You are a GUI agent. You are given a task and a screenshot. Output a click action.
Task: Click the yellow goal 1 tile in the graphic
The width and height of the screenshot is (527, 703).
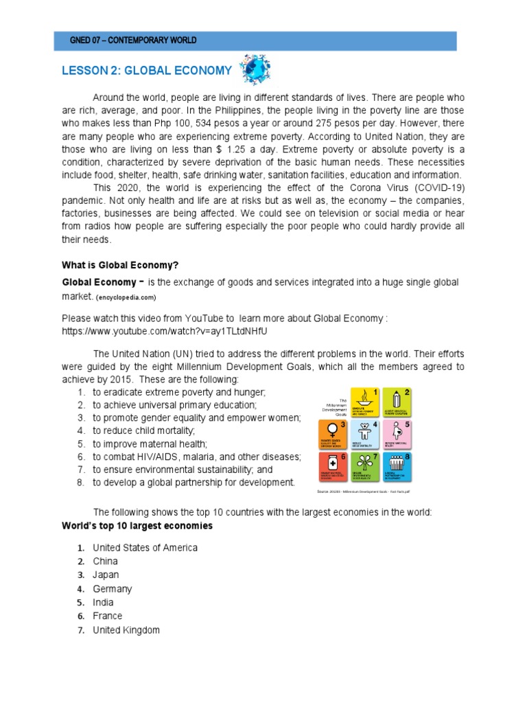[366, 403]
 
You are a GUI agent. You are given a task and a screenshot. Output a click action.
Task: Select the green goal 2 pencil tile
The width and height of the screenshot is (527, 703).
[397, 403]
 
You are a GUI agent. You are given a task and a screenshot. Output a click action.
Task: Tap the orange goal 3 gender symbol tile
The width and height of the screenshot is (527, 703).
[333, 435]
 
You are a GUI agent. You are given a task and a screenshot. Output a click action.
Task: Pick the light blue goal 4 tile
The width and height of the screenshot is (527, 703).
[366, 435]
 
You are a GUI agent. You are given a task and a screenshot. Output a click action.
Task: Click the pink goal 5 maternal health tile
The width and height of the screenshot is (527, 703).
[397, 435]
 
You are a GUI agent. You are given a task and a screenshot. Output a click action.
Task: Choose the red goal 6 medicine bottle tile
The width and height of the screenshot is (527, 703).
[333, 468]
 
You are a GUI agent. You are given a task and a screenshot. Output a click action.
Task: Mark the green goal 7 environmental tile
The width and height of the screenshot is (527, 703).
[366, 468]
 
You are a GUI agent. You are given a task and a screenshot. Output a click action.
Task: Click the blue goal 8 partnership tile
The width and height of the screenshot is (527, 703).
[397, 468]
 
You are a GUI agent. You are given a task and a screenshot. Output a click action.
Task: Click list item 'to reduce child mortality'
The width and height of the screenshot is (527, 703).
[144, 430]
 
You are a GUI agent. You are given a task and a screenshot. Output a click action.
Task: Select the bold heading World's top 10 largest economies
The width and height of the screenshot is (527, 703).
[137, 526]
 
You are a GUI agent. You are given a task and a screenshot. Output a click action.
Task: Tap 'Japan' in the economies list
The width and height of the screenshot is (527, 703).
[106, 575]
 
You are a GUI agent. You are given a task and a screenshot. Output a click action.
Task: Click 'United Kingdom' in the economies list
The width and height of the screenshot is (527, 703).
[126, 630]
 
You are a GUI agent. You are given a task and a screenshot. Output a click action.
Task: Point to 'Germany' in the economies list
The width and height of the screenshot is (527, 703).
[113, 588]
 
